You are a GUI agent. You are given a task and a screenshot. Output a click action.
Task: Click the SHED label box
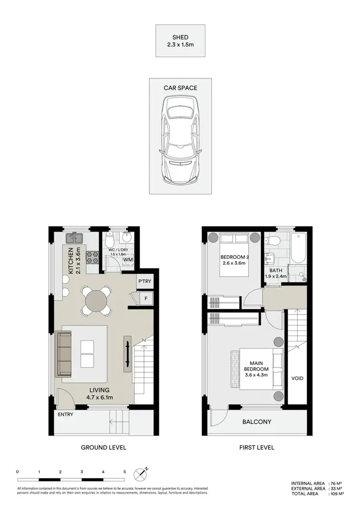[180, 41]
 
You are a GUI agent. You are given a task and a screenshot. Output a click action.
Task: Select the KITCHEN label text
[71, 261]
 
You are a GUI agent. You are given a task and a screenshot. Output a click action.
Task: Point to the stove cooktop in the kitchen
[92, 257]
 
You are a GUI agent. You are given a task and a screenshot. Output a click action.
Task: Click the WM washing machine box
[128, 260]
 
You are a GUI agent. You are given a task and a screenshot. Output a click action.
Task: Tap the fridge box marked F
[144, 298]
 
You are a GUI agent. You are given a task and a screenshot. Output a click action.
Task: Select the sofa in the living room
[64, 353]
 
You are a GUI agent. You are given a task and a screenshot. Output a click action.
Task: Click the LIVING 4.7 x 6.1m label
[100, 393]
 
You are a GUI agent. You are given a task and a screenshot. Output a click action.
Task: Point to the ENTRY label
[65, 414]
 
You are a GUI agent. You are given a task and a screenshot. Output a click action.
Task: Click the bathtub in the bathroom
[298, 248]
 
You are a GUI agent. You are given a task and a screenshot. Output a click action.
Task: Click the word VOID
[297, 378]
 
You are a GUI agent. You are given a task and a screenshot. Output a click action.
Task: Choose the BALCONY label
[257, 422]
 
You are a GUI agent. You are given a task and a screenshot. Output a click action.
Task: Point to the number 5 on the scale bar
[124, 472]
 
